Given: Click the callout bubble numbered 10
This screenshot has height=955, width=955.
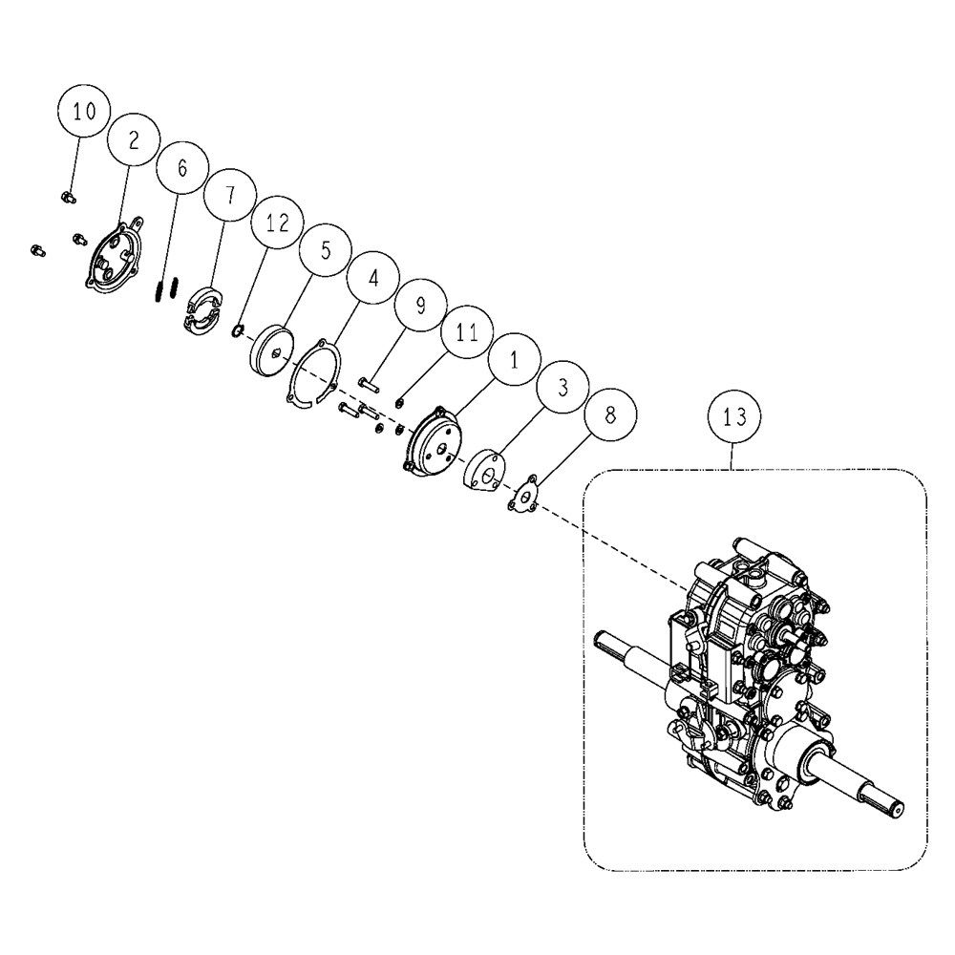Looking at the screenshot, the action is (x=84, y=111).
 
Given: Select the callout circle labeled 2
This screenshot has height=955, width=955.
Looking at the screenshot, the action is (x=134, y=138).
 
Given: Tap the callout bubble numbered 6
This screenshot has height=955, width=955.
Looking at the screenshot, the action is (x=182, y=167).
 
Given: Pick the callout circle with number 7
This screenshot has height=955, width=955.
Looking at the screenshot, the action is (x=229, y=194).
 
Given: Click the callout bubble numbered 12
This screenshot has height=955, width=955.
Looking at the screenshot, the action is (x=277, y=223).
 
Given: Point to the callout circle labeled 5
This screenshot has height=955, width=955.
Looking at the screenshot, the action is (x=326, y=249).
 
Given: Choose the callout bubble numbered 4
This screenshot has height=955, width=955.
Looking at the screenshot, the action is (x=372, y=278).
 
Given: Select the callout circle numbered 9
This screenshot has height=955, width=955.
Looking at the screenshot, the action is (x=420, y=305).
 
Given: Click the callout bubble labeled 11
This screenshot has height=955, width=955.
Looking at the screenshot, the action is (x=467, y=332).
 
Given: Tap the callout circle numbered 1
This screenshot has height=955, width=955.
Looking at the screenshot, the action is (x=515, y=359).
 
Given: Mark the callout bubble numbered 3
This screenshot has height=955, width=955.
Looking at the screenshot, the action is (x=562, y=387).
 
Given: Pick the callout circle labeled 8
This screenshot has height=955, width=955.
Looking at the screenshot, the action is (x=610, y=414).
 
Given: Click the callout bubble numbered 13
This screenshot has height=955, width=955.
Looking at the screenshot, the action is (x=733, y=418).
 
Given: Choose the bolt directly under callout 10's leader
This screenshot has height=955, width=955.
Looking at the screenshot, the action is (x=68, y=198).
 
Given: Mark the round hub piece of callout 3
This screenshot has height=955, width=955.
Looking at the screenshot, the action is (x=485, y=470).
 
